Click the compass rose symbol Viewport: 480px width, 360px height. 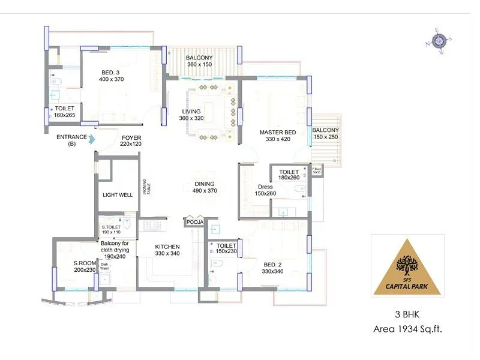(x=439, y=41)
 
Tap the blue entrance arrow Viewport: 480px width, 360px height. (x=92, y=140)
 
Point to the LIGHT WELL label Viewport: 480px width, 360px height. (x=118, y=195)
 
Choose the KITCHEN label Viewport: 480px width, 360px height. (x=167, y=247)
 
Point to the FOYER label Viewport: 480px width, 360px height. (x=131, y=137)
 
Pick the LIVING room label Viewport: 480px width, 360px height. (x=191, y=111)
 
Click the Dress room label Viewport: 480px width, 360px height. (x=265, y=187)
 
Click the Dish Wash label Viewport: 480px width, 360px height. (x=104, y=266)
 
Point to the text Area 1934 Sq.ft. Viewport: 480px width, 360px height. (x=408, y=328)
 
